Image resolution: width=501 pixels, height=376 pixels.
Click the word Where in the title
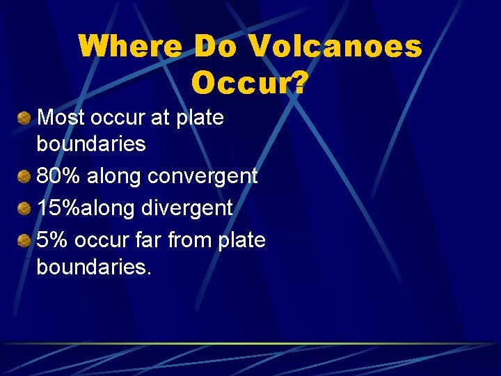tap(130, 47)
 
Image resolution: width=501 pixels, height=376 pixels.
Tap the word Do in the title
tap(216, 47)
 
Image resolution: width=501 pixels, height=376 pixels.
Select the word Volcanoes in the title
tap(335, 47)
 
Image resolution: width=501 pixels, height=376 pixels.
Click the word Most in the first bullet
tap(59, 118)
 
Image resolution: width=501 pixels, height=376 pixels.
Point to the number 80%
tap(59, 176)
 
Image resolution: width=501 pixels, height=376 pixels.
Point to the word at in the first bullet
tap(159, 118)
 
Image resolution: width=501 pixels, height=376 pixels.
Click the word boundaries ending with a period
tap(93, 267)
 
